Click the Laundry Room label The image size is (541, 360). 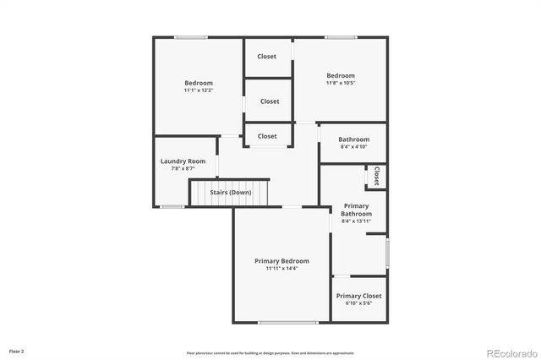click(x=183, y=161)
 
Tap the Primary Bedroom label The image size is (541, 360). click(x=281, y=261)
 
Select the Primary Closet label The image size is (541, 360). click(x=358, y=296)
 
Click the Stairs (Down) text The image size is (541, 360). click(x=230, y=193)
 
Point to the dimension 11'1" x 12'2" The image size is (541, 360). click(x=199, y=90)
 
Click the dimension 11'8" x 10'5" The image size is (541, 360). click(x=341, y=83)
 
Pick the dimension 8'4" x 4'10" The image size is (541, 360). click(x=354, y=147)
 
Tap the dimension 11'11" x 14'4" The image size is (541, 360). click(x=281, y=269)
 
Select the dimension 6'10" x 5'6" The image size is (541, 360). click(x=358, y=303)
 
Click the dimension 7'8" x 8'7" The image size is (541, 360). click(x=183, y=169)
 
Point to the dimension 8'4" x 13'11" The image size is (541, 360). click(x=356, y=221)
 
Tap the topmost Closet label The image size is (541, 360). click(x=267, y=57)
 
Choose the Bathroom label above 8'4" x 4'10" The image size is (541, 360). click(x=354, y=139)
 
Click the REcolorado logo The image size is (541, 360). click(x=510, y=352)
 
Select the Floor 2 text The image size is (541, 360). click(x=17, y=351)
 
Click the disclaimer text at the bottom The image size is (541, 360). click(x=270, y=352)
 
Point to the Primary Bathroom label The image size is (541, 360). click(x=356, y=210)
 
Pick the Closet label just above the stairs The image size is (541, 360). click(x=267, y=136)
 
